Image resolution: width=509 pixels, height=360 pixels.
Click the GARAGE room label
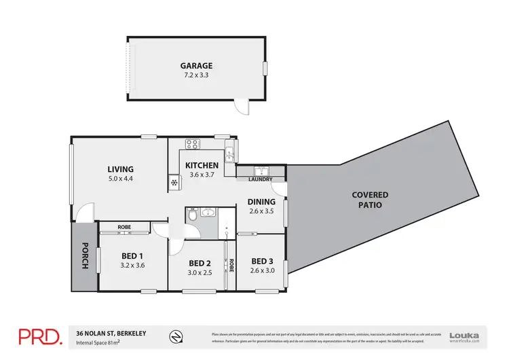(196, 66)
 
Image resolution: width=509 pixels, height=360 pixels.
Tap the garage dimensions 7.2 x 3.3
(196, 76)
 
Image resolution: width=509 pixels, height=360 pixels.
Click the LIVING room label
(120, 169)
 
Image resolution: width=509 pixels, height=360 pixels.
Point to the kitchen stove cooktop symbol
(192, 144)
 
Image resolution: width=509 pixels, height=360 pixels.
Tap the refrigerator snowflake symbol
(174, 182)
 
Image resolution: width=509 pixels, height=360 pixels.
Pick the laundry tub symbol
(261, 170)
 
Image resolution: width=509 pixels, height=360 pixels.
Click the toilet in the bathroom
(194, 216)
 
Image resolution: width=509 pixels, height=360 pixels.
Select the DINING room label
(261, 202)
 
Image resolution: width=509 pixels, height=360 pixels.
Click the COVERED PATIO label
(370, 200)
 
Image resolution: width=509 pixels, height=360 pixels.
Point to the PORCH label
(85, 256)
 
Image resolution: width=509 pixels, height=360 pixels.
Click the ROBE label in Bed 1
(124, 227)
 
